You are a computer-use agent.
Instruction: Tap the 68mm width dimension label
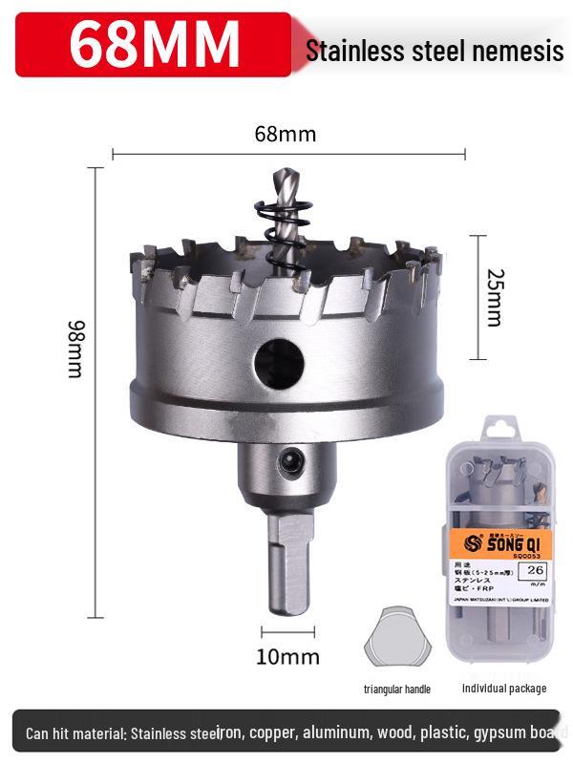pos(285,134)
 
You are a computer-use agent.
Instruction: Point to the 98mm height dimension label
pos(75,349)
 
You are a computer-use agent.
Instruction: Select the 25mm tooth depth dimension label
pos(493,297)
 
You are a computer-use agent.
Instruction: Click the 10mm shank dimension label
pos(287,656)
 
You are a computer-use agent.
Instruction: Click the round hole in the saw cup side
pos(279,362)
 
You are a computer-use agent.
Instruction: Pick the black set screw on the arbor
pos(286,462)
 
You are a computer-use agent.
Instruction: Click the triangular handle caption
pos(396,689)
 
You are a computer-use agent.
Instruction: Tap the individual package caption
pos(504,688)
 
